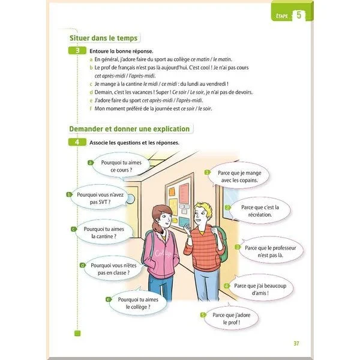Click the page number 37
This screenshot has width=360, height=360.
(x=296, y=343)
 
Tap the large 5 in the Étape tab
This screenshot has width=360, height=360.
(x=298, y=16)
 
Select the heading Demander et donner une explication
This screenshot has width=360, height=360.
(x=130, y=128)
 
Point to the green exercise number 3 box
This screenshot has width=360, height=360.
(x=76, y=52)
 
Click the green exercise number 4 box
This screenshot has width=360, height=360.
(x=76, y=142)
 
